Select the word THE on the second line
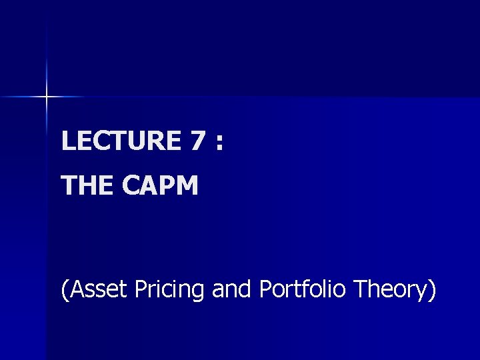click(87, 186)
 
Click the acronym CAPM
click(160, 186)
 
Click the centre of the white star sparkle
click(47, 97)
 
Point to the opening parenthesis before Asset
click(65, 291)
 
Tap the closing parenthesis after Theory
click(432, 291)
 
